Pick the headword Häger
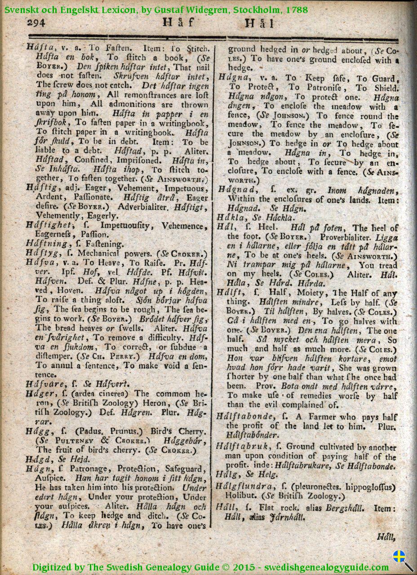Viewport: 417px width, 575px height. [x=39, y=393]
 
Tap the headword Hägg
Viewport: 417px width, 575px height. [x=38, y=431]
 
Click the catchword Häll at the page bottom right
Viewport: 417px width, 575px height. [x=386, y=536]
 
